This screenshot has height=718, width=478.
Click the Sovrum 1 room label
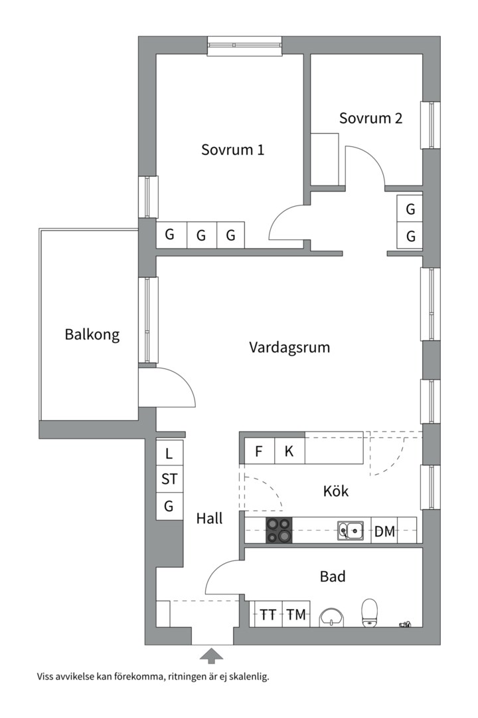[232, 150]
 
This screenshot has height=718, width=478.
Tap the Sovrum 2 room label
[370, 118]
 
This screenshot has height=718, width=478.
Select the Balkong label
[92, 334]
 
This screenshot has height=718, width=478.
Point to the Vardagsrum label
[289, 347]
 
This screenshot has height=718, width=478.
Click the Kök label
[335, 492]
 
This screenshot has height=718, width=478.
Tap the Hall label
[209, 519]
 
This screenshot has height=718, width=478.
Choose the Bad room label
[333, 576]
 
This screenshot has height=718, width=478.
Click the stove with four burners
[279, 531]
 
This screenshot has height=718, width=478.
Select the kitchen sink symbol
[350, 530]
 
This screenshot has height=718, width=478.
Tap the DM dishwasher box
[384, 531]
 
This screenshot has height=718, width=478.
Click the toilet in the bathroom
[369, 612]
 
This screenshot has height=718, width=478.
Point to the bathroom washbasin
[331, 617]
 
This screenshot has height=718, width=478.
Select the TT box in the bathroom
[268, 615]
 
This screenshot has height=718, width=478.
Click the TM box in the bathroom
[296, 615]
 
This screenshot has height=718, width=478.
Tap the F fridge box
[259, 452]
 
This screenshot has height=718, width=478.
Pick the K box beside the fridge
[289, 452]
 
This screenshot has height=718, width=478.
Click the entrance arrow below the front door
[212, 656]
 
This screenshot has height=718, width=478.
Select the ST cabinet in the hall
[169, 479]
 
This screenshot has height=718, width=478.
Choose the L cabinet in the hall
[169, 454]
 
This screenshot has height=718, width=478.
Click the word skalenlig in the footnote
[248, 677]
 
